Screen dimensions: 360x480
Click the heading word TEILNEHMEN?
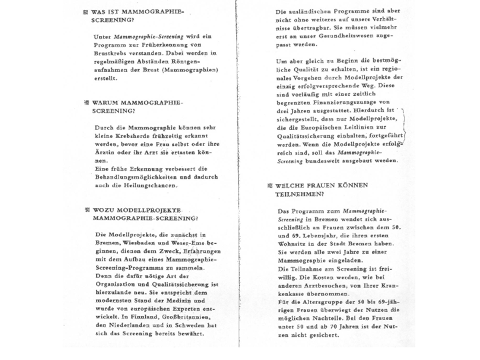click(300, 194)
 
